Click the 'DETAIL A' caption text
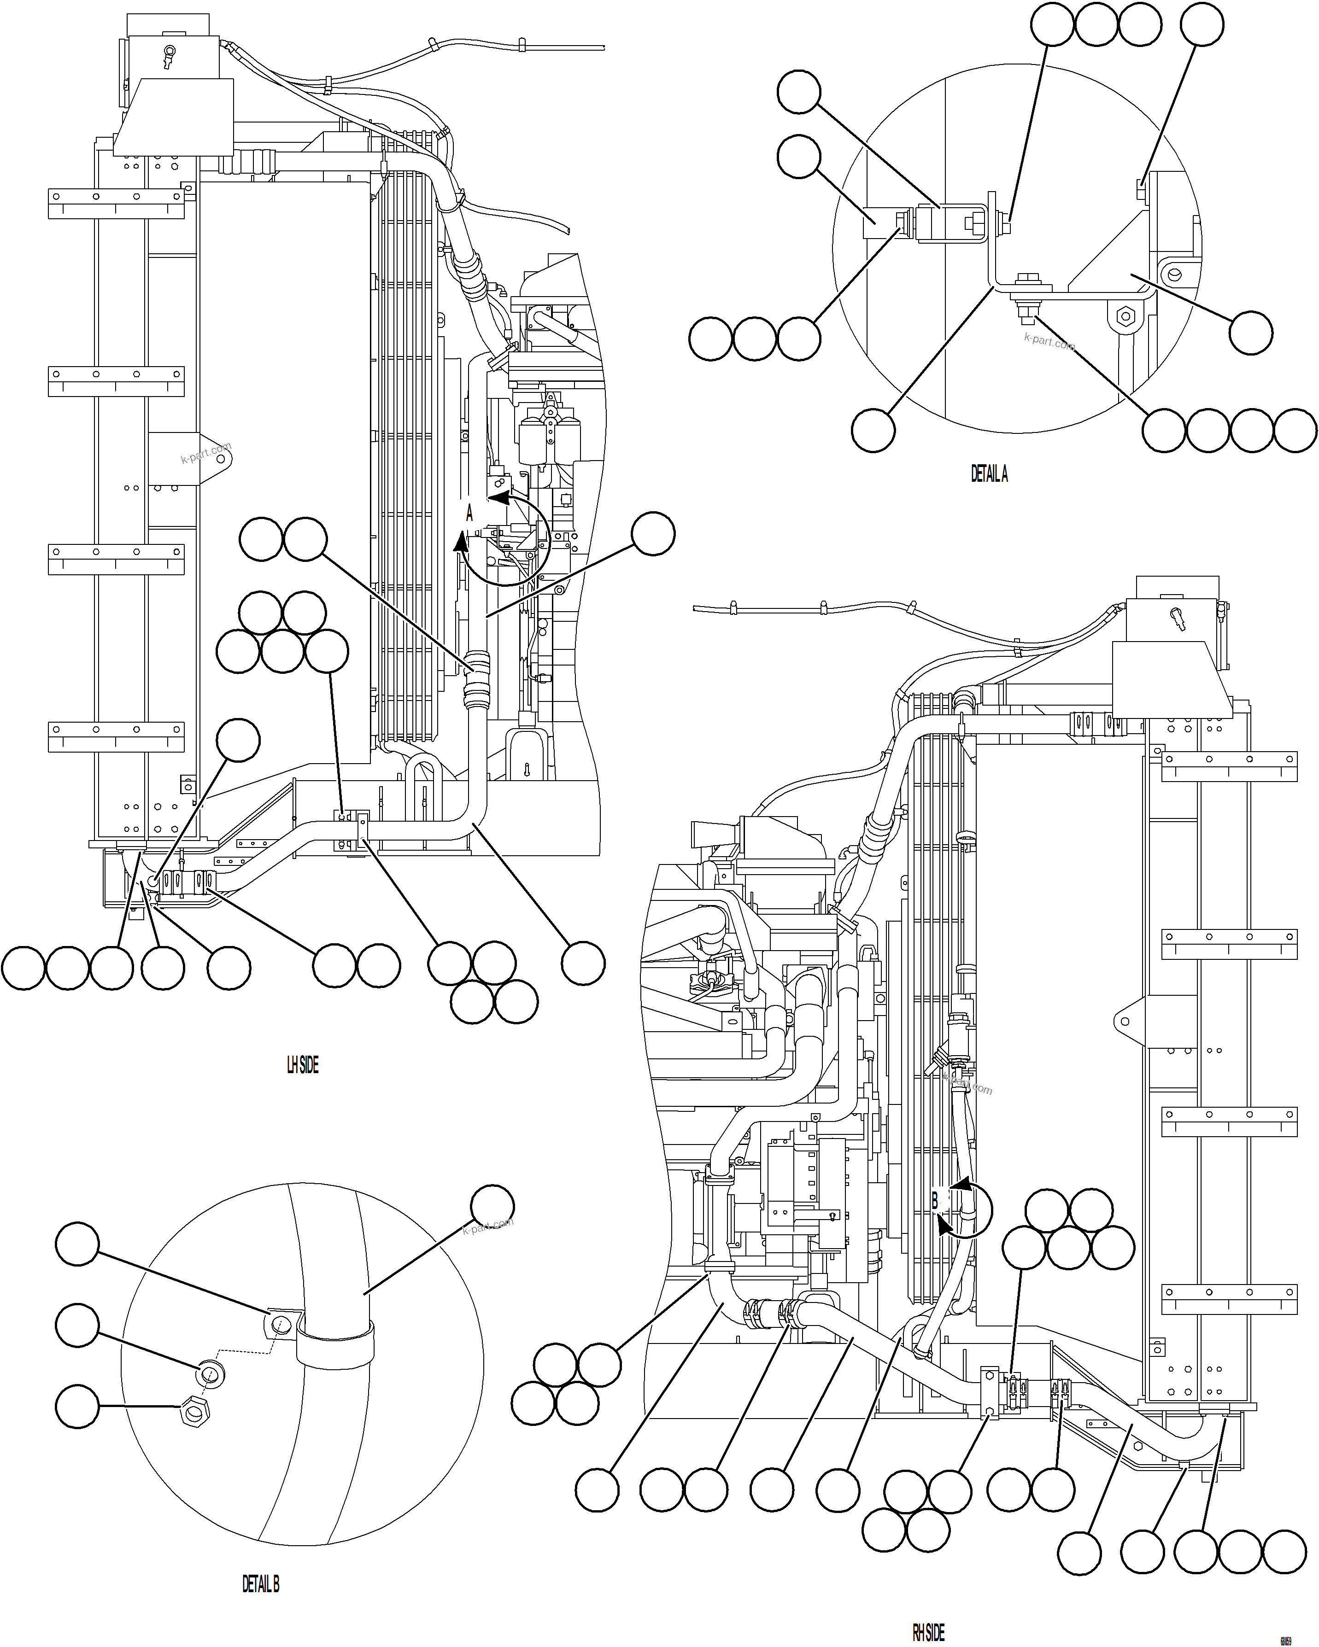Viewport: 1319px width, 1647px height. click(989, 474)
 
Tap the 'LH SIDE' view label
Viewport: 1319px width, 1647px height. click(303, 1065)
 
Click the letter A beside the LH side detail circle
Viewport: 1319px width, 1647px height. click(469, 514)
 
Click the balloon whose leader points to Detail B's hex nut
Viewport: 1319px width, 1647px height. click(77, 1407)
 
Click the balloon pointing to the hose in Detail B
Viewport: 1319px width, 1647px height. click(492, 1207)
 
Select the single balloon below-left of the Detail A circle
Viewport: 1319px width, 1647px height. click(873, 430)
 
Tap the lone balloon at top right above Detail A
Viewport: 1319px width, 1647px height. click(1202, 24)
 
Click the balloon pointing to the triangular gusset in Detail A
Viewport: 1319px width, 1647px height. click(1250, 333)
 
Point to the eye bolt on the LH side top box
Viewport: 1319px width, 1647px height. click(168, 53)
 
